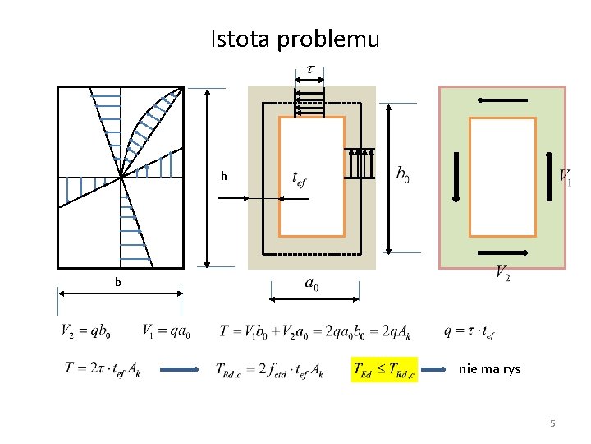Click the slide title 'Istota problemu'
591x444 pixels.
coord(295,39)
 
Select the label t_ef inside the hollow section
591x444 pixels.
coord(301,178)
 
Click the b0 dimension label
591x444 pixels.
coord(403,174)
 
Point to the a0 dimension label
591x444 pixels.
coord(312,284)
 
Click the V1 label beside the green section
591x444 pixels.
coord(565,176)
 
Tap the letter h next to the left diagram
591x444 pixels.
coord(223,176)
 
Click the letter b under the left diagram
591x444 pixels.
coord(118,282)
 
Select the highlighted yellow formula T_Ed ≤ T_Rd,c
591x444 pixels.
coord(384,371)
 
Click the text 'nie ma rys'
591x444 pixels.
coord(489,369)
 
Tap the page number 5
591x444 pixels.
coord(552,423)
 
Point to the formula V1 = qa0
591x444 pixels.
coord(166,331)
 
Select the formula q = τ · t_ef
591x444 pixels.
coord(469,331)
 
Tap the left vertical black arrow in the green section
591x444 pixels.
coord(455,176)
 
